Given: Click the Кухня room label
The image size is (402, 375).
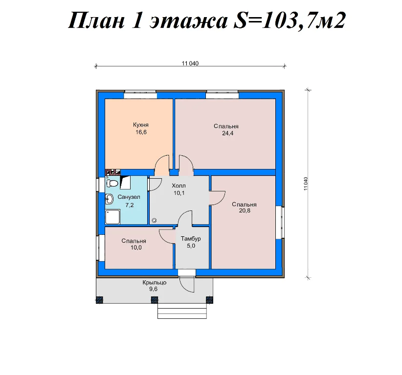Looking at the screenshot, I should pos(141,125).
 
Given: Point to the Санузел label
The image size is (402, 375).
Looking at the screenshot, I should pos(129,197).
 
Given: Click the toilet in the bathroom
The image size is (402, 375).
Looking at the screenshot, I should pos(112,183).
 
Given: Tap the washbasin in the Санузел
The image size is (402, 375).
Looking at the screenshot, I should pos(109,198).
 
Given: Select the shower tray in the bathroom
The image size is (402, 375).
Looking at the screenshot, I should pos(112,216).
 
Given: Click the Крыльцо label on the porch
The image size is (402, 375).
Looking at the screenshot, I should pos(155,283).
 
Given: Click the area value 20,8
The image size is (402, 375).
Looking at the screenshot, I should pos(244,211).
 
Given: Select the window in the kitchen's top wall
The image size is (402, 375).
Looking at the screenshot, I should pos(140,92).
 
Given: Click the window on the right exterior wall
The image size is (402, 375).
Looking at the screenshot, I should pos(281,222).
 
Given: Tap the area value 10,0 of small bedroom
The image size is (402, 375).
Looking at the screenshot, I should pos(135,248).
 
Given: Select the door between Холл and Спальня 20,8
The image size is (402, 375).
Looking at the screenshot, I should pos(215,197).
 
